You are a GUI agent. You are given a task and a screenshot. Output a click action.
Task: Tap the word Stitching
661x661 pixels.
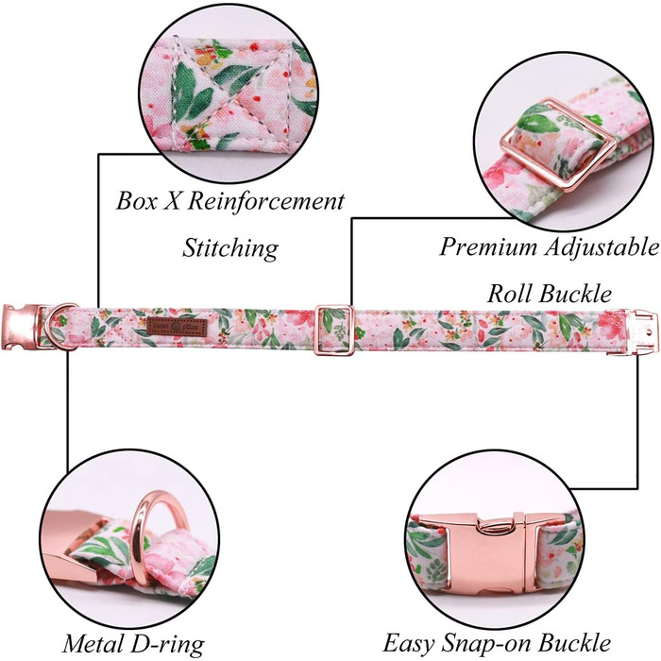[229, 249]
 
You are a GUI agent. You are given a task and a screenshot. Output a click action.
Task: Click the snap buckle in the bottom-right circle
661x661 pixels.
[496, 540]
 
